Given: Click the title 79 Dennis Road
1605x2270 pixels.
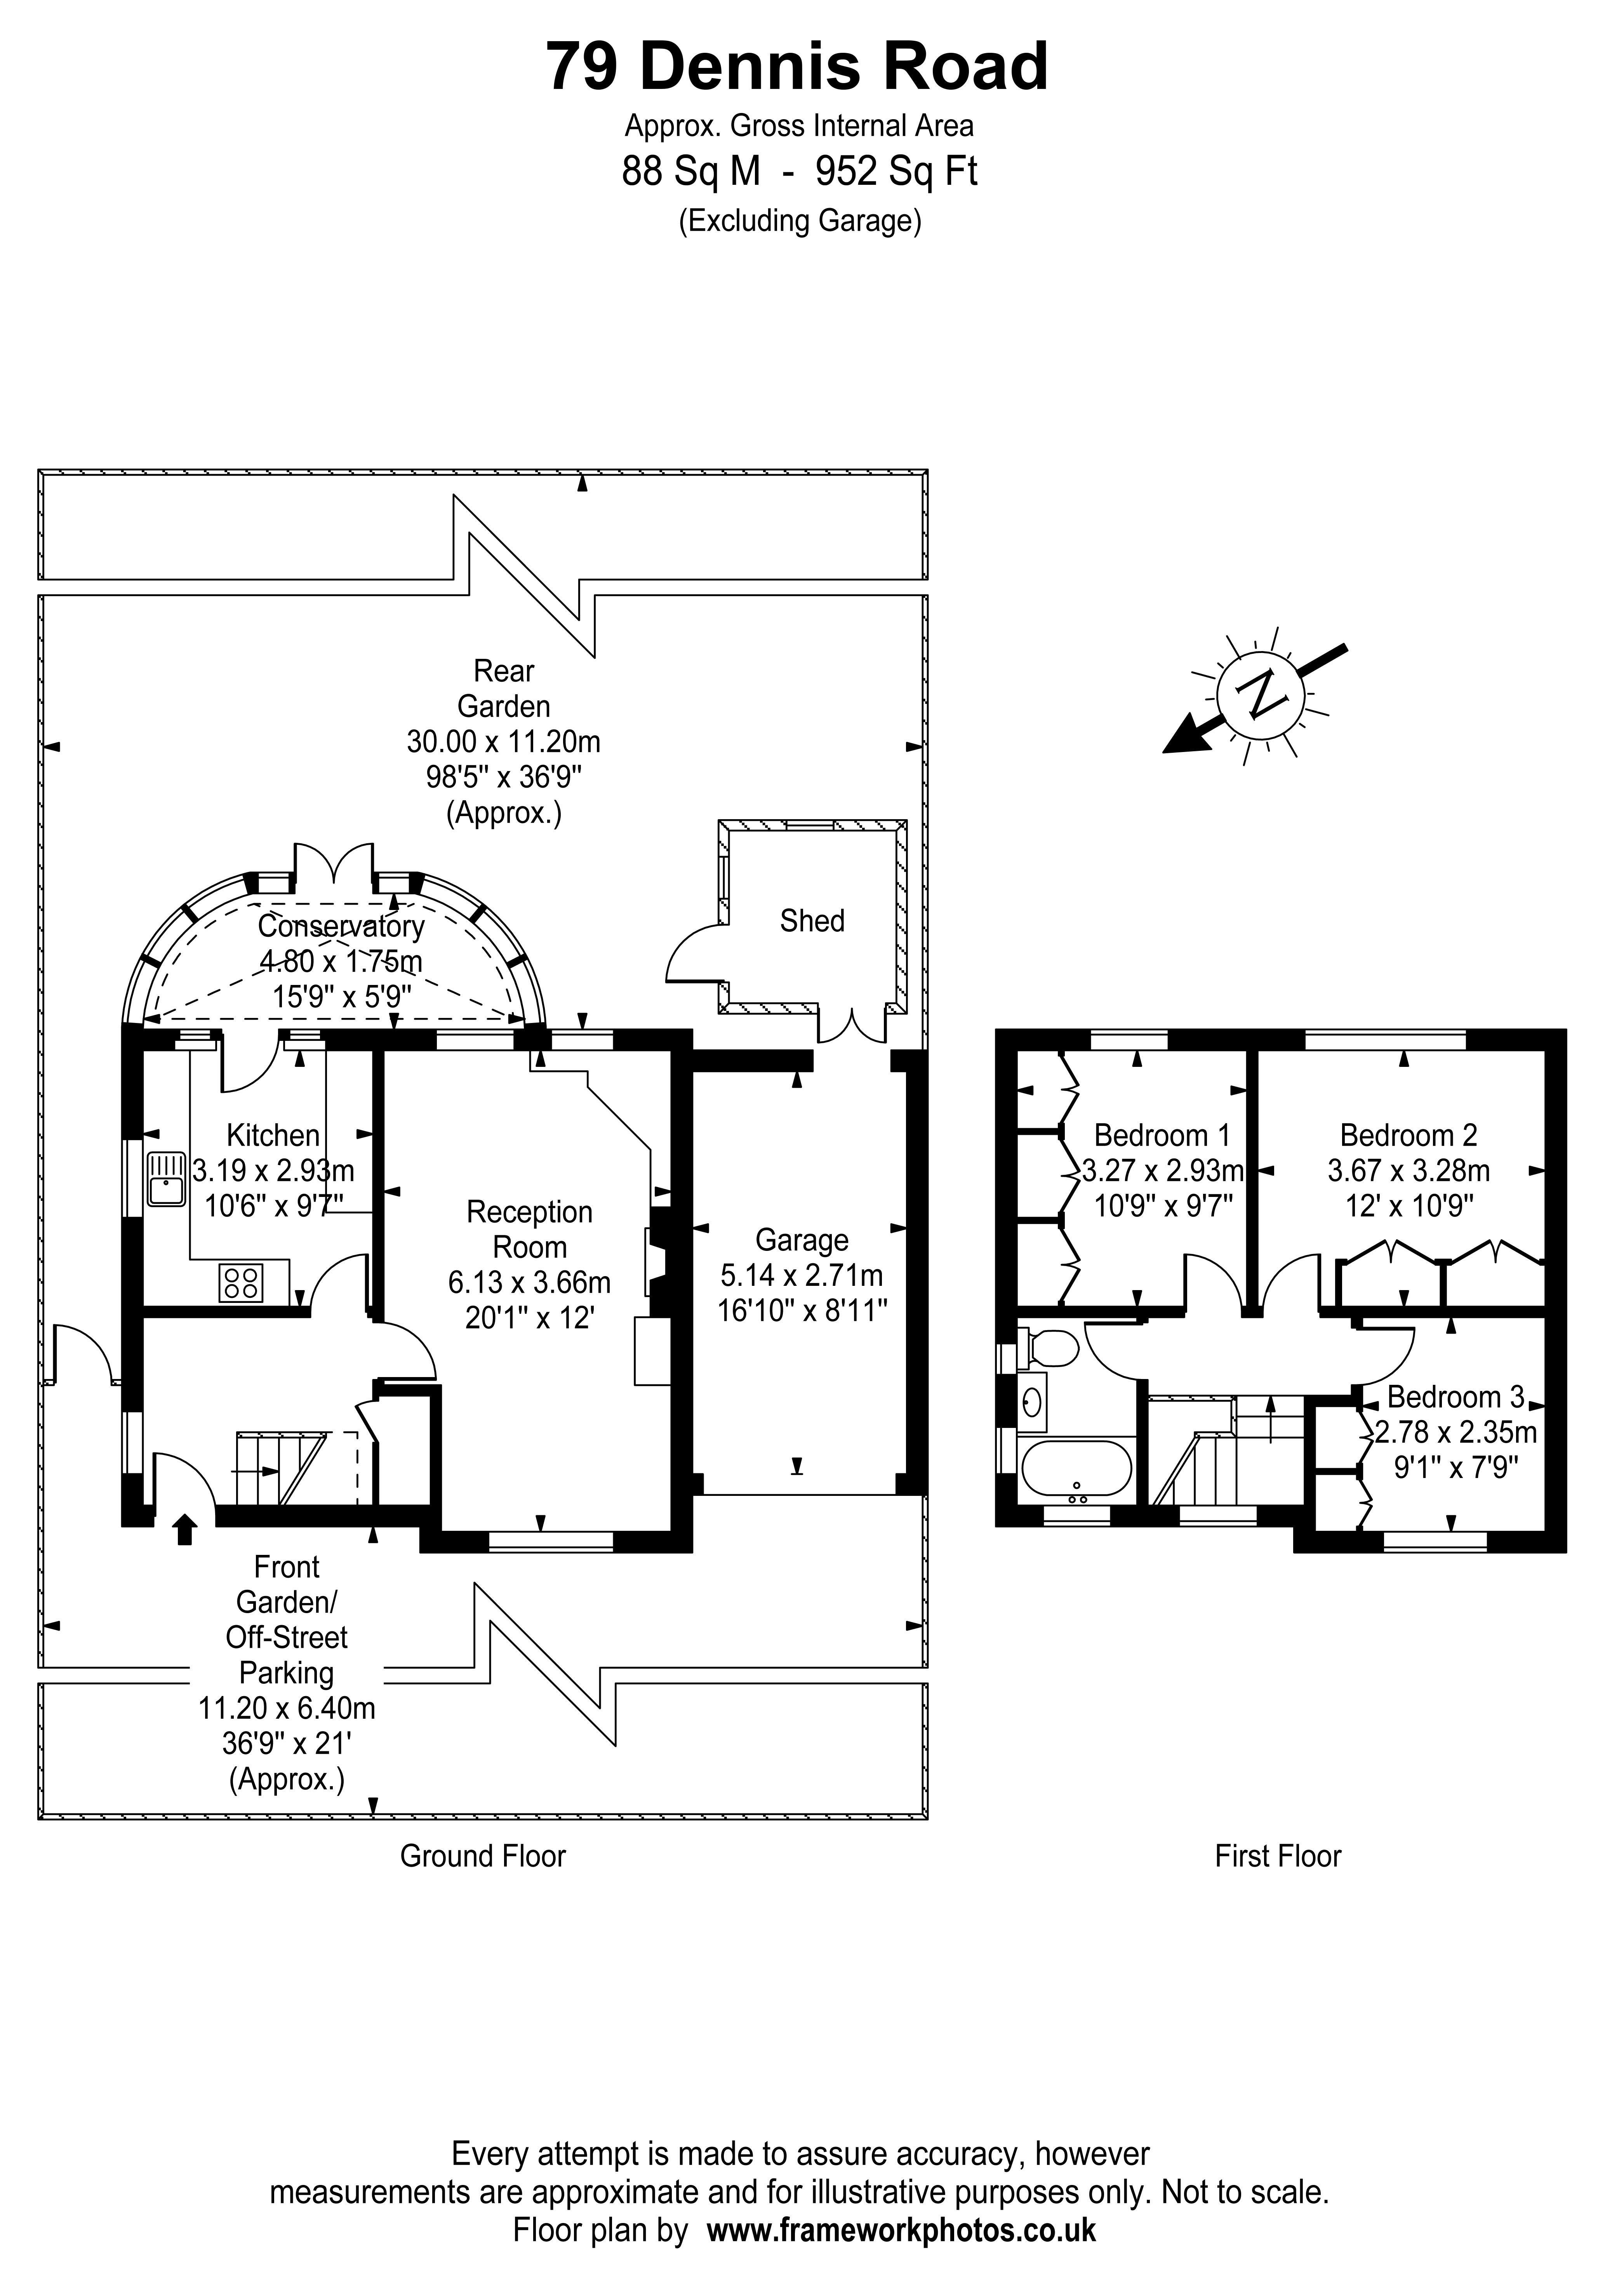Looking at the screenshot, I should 797,67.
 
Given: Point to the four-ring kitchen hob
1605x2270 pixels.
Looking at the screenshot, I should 240,1283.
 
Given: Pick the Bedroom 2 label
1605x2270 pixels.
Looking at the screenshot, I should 1408,1135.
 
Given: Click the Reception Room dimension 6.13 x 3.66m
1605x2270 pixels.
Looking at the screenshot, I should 529,1282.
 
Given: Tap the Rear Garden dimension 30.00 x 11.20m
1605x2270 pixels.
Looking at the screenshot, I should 503,742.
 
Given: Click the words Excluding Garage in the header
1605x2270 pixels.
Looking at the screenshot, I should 799,221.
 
